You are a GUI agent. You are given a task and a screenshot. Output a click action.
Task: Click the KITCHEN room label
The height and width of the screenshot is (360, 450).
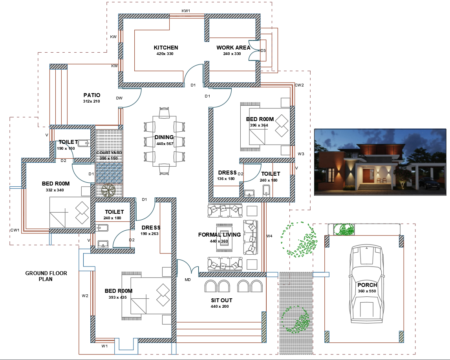click(166, 48)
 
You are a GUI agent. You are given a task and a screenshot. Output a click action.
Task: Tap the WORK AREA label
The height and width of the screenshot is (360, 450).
click(233, 48)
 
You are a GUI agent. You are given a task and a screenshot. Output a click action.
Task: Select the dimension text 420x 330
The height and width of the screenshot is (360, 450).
click(165, 54)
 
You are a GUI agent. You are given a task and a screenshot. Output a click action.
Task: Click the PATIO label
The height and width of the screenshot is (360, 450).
click(91, 95)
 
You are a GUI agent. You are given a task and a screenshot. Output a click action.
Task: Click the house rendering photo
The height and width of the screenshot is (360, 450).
click(380, 162)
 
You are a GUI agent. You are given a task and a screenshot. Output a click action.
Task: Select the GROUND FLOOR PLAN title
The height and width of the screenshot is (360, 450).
click(46, 276)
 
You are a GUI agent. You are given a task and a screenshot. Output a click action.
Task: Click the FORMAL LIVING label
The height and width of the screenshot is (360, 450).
click(219, 235)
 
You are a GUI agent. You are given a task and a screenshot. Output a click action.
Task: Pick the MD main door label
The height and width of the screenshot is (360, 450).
click(188, 280)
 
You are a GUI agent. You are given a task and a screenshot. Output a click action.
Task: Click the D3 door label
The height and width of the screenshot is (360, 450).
click(263, 51)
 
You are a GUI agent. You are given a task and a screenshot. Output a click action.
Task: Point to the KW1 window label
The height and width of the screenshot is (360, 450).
click(186, 11)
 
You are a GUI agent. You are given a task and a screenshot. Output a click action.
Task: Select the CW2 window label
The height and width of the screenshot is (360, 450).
click(299, 85)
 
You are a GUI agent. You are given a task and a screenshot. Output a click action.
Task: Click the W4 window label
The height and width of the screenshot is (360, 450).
click(269, 236)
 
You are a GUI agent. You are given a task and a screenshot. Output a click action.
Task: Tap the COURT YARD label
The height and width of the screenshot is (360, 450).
click(109, 152)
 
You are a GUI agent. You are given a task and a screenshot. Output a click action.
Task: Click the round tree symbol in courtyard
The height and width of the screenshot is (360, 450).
click(108, 191)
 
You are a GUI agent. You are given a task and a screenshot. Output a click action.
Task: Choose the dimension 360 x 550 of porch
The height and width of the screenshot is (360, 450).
click(367, 291)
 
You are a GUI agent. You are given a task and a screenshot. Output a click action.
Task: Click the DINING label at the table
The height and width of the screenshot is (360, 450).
click(164, 137)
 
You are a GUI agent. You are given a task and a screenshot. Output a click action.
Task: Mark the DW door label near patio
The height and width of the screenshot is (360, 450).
click(119, 98)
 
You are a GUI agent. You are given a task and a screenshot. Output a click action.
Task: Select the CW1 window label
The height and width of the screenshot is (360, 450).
click(15, 230)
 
